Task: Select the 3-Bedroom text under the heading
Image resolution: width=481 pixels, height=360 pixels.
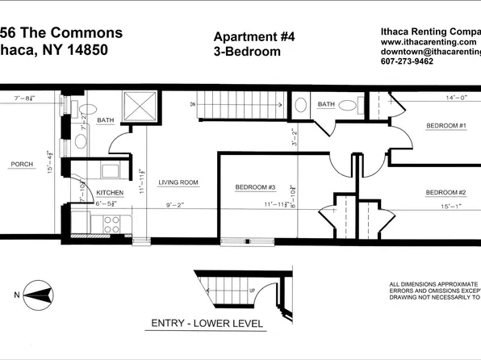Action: (246, 52)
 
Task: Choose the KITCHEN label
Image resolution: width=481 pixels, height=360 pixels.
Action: (111, 194)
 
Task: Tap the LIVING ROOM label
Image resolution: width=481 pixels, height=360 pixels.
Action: (178, 182)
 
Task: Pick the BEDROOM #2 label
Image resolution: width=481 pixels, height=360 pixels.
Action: (445, 192)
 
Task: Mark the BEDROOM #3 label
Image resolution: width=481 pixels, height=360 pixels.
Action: (256, 188)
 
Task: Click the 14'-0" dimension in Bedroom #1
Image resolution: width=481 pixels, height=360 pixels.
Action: (434, 98)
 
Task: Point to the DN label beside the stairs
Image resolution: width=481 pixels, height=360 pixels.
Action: (191, 104)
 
